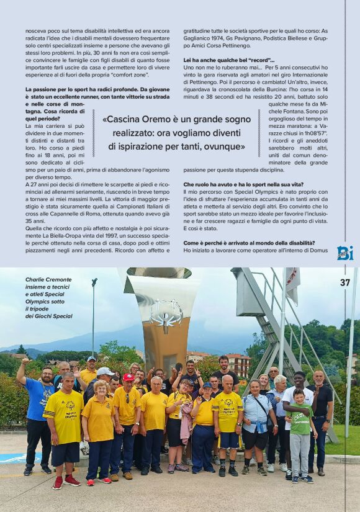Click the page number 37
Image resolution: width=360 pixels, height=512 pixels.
click(x=345, y=282)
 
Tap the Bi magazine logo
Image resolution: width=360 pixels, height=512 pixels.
click(x=345, y=253)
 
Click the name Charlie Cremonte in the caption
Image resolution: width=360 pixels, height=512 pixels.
click(x=48, y=280)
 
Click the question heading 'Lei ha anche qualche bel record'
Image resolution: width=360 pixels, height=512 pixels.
click(x=228, y=60)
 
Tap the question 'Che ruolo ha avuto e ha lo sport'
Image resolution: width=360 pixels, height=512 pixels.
click(x=243, y=184)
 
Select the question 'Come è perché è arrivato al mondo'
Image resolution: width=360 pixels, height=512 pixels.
click(x=249, y=242)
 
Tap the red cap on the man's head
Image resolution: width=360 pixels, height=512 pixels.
click(x=128, y=377)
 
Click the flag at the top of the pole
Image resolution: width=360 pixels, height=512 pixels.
click(x=293, y=282)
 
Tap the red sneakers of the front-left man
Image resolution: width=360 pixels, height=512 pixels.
click(x=65, y=481)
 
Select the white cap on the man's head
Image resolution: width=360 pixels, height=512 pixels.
click(x=105, y=371)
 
